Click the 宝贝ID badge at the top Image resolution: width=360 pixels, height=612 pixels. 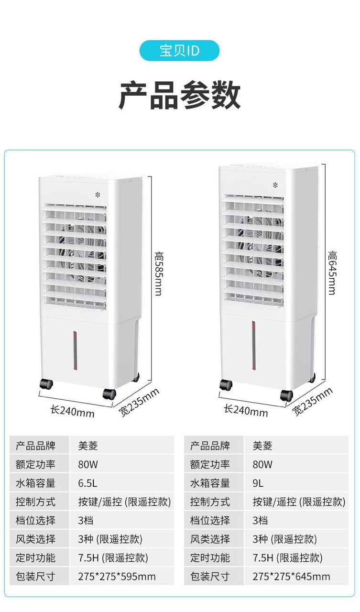click(x=179, y=51)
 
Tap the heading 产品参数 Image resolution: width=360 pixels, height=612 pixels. click(x=179, y=96)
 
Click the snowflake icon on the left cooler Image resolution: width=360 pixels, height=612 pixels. click(x=98, y=195)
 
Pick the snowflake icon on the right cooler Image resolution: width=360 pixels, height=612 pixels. click(x=275, y=185)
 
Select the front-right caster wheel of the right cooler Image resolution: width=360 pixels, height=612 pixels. click(x=286, y=395)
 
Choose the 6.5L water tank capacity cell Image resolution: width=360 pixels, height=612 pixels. click(x=87, y=483)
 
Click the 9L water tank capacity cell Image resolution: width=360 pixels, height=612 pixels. click(x=258, y=483)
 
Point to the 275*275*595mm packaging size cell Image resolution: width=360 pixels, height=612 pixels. click(x=117, y=577)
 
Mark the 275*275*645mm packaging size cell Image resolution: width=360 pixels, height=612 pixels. click(x=291, y=577)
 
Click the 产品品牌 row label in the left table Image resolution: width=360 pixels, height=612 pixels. click(x=36, y=446)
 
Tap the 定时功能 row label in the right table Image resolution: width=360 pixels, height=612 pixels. click(x=210, y=558)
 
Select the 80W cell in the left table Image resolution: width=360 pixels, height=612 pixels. click(x=88, y=464)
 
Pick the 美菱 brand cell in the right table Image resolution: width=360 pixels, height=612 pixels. click(x=262, y=446)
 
